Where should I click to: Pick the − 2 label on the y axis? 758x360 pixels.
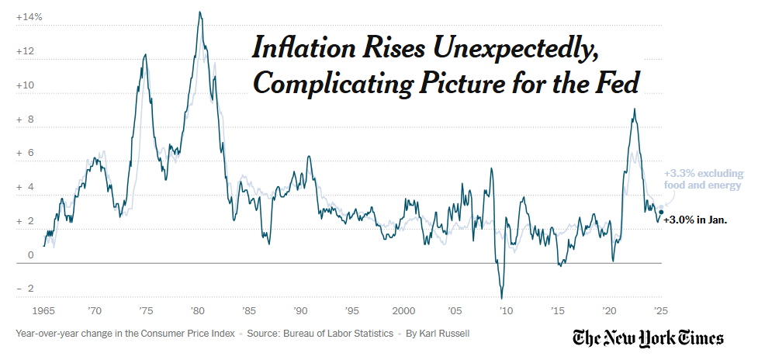coord(26,289)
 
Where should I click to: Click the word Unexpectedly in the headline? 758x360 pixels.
coord(514,49)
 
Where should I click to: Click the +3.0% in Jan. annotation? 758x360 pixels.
coord(695,220)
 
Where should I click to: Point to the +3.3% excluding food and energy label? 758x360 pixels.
coord(703,179)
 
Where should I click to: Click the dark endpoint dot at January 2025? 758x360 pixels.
coord(661,212)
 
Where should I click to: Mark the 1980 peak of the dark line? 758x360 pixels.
coord(200,12)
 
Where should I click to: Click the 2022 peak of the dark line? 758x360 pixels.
coord(635,109)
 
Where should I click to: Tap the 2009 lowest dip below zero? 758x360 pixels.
coord(502,298)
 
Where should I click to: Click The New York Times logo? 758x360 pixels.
coord(648,338)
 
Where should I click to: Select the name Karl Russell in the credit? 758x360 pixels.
coord(442,334)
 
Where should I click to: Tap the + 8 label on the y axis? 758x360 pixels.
coord(26,119)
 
